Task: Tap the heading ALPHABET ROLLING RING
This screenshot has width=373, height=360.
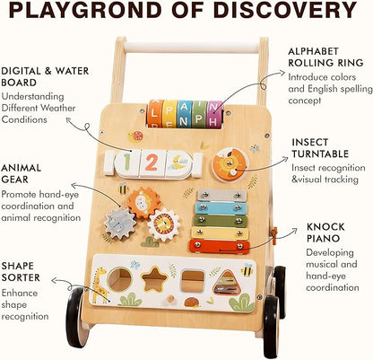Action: click(325, 57)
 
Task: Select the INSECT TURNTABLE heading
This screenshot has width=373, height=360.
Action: click(320, 148)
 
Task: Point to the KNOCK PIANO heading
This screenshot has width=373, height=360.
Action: click(325, 233)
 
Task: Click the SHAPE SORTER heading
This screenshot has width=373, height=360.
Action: click(21, 271)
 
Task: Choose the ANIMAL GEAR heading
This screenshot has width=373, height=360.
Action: click(21, 173)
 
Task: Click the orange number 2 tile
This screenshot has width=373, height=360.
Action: click(152, 163)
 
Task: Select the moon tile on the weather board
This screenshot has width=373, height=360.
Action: click(178, 164)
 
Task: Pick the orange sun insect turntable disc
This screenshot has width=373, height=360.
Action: click(230, 165)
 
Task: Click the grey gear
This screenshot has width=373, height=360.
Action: click(120, 223)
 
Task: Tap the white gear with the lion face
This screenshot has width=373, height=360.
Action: click(164, 225)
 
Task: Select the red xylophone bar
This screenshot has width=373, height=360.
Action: click(220, 247)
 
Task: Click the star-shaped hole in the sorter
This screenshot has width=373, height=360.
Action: click(154, 279)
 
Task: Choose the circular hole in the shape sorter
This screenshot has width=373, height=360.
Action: click(120, 279)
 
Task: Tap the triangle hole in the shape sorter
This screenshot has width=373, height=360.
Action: click(226, 283)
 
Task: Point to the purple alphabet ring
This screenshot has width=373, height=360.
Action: click(215, 114)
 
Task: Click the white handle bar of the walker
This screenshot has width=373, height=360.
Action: click(191, 48)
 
